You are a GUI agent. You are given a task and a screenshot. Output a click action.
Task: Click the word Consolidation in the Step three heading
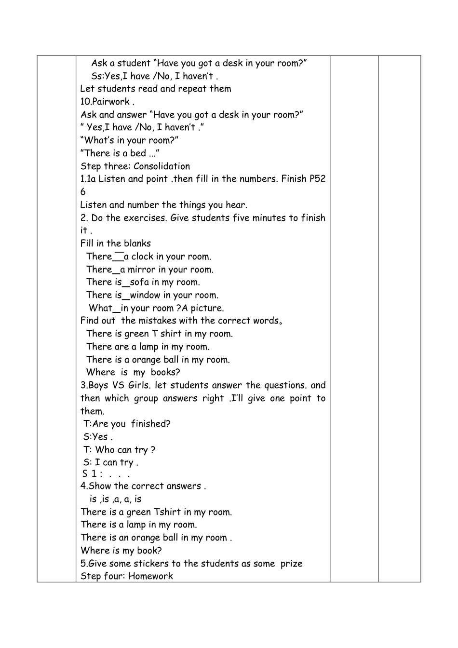click(162, 166)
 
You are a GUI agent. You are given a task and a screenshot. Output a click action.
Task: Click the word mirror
click(141, 270)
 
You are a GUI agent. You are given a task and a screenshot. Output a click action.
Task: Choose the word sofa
click(139, 282)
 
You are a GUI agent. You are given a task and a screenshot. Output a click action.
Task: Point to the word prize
click(291, 564)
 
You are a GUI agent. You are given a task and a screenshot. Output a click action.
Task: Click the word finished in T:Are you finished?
click(151, 424)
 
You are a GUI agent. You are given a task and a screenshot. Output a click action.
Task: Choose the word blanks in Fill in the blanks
click(137, 243)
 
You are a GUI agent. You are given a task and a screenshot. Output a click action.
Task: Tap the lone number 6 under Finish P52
click(83, 192)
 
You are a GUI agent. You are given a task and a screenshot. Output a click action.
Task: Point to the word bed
click(138, 153)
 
